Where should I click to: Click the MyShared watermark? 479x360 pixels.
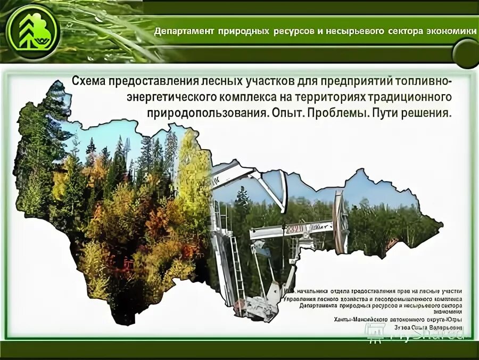pyautogui.click(x=420, y=333)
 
